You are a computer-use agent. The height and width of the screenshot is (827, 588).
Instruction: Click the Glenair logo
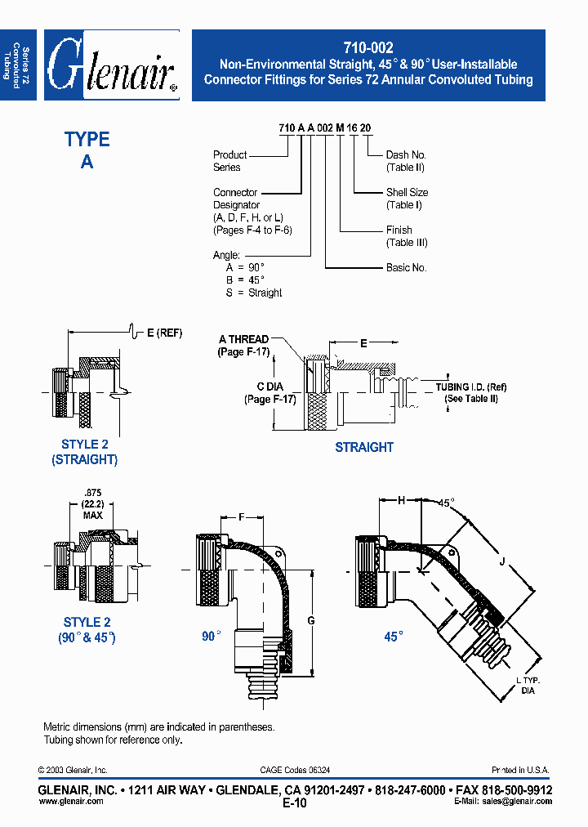pos(112,66)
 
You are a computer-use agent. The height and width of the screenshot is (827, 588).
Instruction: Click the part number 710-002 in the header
pos(368,49)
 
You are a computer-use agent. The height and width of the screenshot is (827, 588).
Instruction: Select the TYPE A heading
pos(87,150)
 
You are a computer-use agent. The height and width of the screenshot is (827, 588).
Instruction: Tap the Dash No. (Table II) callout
pos(406,161)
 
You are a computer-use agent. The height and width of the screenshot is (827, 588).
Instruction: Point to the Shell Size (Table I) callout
pos(407,199)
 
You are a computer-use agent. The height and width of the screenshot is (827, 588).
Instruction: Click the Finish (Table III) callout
pos(407,236)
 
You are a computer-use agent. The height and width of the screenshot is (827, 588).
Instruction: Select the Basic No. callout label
pos(407,267)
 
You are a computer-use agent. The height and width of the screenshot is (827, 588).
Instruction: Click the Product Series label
pos(229,161)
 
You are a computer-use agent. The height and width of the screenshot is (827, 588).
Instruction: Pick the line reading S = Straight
pos(254,293)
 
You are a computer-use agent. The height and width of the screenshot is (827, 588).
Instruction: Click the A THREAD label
pos(243,339)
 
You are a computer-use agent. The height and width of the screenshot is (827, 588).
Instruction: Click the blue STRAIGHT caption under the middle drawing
pos(364,447)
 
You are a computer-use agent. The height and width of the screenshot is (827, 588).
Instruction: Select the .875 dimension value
pos(91,492)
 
